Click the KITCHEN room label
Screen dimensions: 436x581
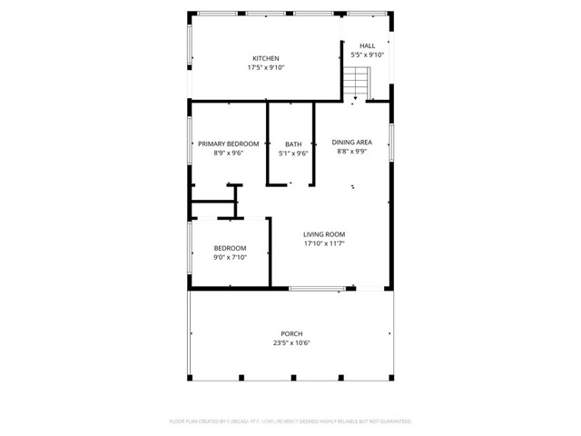(260, 59)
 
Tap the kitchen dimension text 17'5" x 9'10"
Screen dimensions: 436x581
(260, 68)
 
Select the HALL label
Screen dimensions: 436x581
(367, 45)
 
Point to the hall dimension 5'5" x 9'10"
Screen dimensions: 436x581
(367, 55)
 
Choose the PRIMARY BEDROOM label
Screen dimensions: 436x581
(229, 144)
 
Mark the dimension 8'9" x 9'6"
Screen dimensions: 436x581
(229, 154)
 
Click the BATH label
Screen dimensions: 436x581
(293, 144)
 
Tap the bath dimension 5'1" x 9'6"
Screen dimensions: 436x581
(293, 154)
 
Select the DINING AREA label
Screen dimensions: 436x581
(351, 143)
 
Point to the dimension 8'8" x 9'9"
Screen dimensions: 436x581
(351, 153)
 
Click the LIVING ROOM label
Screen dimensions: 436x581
(324, 233)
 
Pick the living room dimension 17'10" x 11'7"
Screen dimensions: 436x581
(324, 243)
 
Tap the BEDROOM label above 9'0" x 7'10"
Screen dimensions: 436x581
(230, 248)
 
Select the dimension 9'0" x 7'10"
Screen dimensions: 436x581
(230, 258)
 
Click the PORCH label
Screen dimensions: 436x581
(291, 333)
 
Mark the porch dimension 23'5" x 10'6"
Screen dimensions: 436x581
(291, 343)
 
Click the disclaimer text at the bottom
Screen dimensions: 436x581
(290, 421)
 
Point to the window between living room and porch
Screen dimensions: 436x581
(317, 289)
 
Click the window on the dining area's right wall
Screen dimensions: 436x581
(392, 143)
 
